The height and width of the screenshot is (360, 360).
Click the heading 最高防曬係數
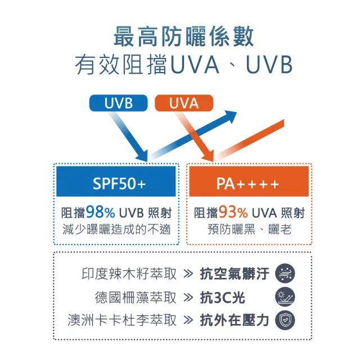[x=183, y=37]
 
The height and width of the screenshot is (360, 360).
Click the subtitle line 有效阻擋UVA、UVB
[x=183, y=65]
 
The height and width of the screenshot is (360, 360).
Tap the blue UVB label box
[x=118, y=103]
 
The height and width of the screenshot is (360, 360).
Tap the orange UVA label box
[x=184, y=103]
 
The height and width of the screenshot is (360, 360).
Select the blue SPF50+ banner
[x=118, y=184]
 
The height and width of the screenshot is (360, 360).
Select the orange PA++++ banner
[x=247, y=184]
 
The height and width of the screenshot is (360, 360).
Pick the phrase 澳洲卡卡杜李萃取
[x=122, y=320]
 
